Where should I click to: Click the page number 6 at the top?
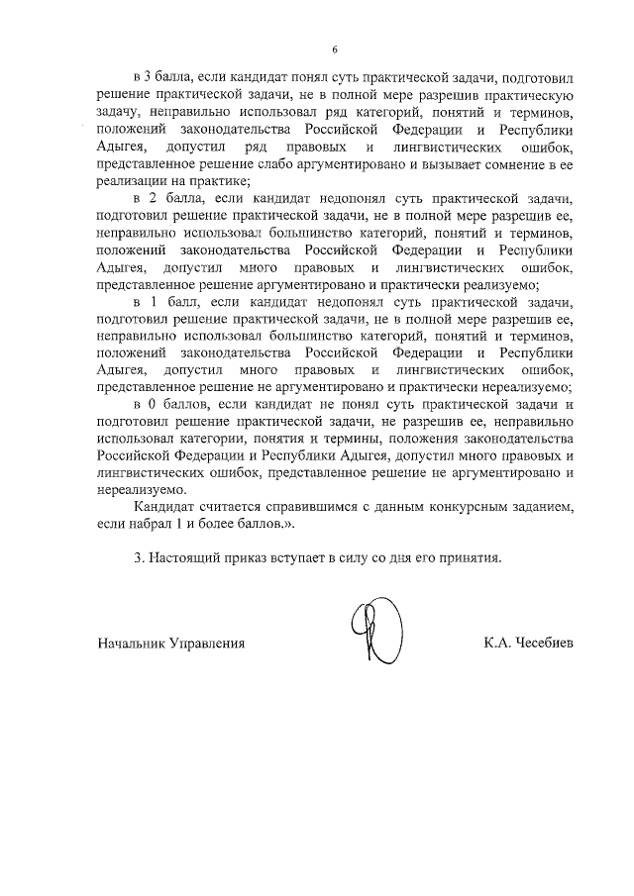click(x=335, y=49)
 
